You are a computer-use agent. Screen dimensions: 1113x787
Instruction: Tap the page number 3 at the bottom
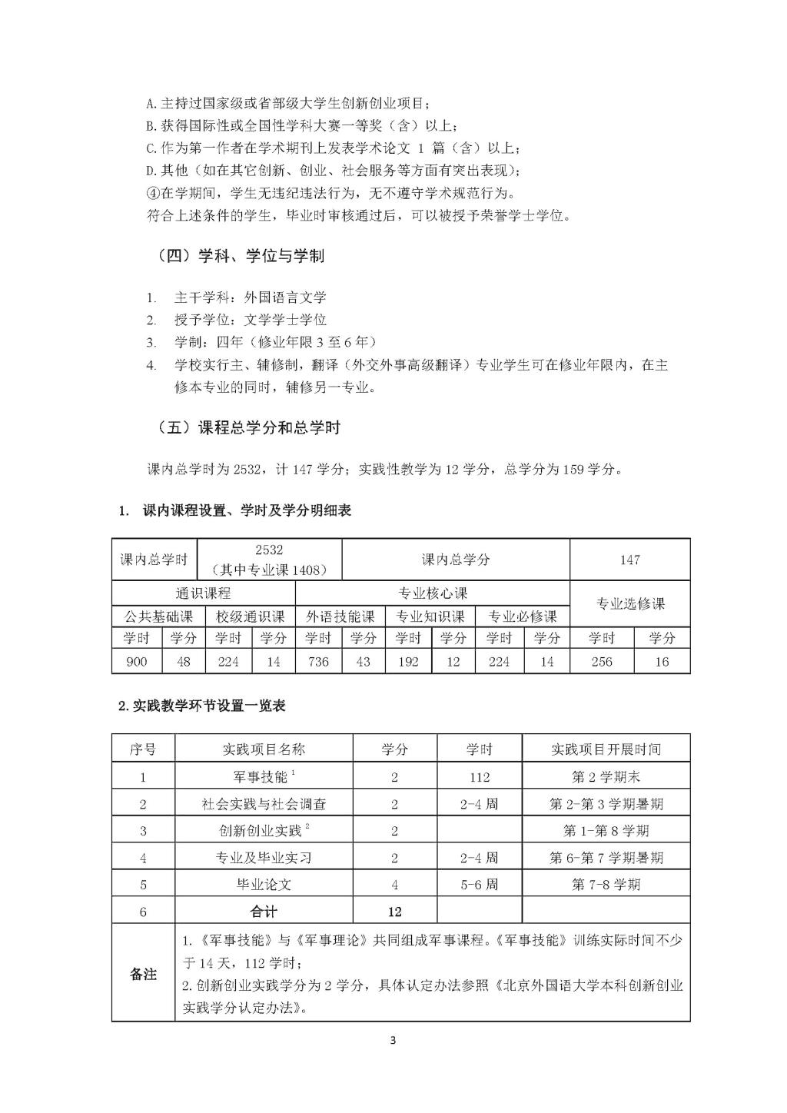pos(393,1041)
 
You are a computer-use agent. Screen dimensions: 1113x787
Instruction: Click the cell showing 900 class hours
pos(136,661)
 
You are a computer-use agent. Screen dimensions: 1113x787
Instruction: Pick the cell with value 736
pos(317,661)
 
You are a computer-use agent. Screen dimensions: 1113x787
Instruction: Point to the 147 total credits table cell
pos(629,560)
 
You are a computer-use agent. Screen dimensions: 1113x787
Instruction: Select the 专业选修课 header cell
pos(629,603)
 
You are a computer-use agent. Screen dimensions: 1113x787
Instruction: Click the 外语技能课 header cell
pos(340,616)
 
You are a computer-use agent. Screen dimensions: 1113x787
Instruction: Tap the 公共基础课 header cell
pos(158,616)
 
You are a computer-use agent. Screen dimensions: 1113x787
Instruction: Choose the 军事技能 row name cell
pos(264,776)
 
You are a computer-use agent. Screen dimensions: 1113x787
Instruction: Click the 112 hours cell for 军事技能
pos(479,776)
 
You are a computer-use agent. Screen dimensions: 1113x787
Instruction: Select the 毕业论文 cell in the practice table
pos(264,884)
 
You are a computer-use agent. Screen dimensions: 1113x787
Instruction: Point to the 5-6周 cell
pos(479,884)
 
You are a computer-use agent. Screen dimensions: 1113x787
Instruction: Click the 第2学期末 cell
pos(606,776)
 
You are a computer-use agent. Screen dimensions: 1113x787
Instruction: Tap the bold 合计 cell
pos(264,912)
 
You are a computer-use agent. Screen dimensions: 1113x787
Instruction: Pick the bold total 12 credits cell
pos(394,912)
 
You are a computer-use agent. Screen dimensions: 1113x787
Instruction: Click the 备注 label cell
pos(143,974)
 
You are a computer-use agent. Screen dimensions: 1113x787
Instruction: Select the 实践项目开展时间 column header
pos(606,749)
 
